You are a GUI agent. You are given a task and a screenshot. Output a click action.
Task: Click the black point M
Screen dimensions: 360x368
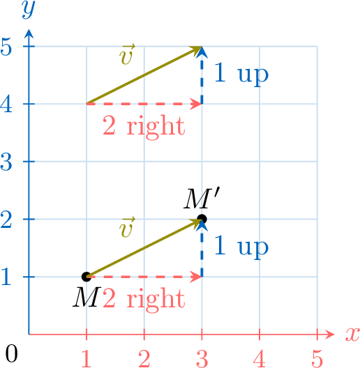tap(87, 277)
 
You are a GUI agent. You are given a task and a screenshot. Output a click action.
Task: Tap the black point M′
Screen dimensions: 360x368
tap(202, 220)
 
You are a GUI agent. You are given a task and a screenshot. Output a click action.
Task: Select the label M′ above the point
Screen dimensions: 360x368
tap(202, 199)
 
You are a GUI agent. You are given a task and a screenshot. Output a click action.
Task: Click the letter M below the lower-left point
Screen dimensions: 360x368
tap(87, 298)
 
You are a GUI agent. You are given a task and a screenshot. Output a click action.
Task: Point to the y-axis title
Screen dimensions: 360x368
tap(29, 10)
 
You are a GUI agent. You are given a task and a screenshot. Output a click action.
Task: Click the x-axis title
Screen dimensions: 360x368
tap(352, 335)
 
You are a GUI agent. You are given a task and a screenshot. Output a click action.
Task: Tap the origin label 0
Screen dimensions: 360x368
tap(11, 353)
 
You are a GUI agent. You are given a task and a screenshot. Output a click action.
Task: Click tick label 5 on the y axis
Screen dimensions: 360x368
tap(6, 47)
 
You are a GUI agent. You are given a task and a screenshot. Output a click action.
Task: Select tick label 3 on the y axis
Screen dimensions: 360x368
tap(6, 162)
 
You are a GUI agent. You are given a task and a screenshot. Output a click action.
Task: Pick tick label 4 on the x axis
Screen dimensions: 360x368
tap(260, 358)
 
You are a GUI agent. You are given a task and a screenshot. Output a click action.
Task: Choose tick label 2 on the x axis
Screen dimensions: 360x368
tap(144, 358)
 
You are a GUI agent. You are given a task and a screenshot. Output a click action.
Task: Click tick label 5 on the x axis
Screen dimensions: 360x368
tap(317, 358)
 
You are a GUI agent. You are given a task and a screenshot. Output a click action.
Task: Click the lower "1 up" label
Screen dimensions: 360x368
tap(241, 247)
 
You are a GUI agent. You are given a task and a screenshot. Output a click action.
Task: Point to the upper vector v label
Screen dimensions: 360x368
tap(127, 54)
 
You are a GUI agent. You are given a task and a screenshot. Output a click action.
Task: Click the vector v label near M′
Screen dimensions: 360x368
tap(127, 227)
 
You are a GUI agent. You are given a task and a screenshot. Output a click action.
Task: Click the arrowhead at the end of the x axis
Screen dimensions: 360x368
tap(330, 335)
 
